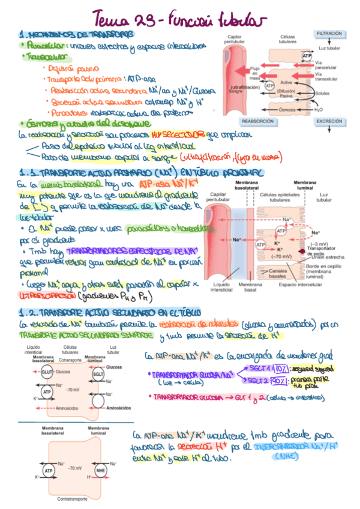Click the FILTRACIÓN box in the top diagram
pos(330,34)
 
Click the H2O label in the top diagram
pos(319,110)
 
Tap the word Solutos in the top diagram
pos(322,93)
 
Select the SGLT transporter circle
pos(98,373)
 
